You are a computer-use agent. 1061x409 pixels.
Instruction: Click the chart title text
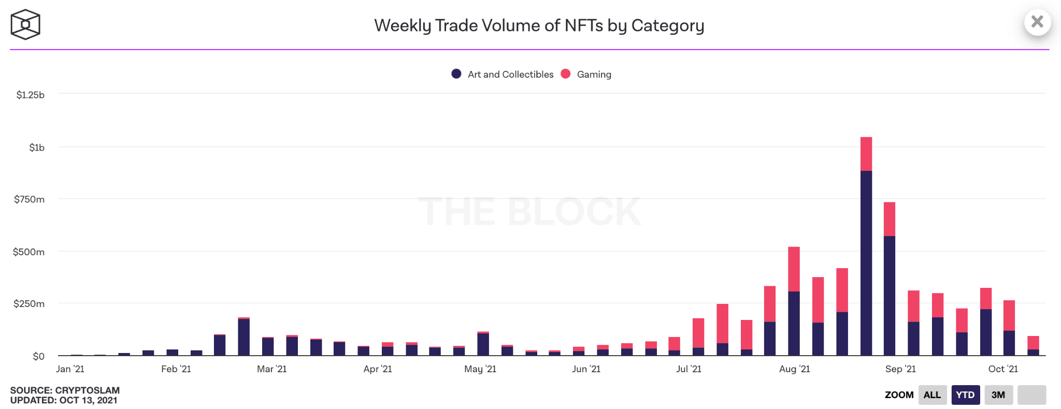click(539, 25)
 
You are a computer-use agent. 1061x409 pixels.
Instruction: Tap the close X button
click(1037, 22)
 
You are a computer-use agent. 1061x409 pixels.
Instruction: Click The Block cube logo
click(25, 24)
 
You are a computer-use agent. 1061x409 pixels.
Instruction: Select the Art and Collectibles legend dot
click(456, 74)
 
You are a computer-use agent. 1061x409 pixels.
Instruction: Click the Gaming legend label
click(594, 75)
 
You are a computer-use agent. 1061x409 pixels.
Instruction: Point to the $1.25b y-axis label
click(31, 95)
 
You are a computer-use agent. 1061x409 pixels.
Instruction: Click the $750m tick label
click(30, 199)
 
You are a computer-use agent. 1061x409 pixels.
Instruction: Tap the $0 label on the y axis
click(38, 356)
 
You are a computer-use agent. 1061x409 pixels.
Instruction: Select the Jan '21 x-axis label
click(70, 369)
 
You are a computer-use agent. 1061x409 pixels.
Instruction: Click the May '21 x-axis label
click(480, 369)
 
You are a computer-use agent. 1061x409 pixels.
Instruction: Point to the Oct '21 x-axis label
click(1003, 369)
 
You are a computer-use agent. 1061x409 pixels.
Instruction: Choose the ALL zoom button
click(932, 395)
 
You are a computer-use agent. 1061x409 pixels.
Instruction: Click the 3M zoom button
click(998, 395)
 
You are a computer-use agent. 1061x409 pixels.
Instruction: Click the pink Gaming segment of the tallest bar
click(866, 154)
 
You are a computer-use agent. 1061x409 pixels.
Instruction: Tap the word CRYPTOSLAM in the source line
click(87, 390)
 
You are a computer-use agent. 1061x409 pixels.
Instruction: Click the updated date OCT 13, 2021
click(88, 400)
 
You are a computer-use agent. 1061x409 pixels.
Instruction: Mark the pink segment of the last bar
click(1033, 343)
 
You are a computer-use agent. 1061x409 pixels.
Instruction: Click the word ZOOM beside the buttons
click(899, 395)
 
